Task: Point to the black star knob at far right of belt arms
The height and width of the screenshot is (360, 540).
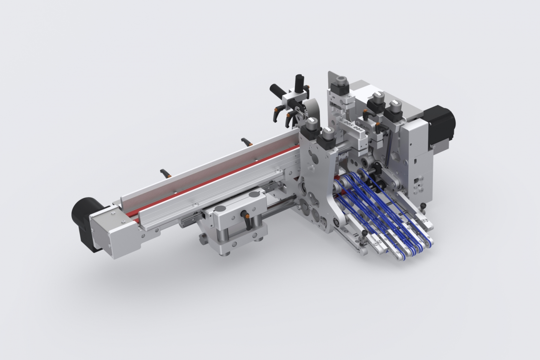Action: (423, 205)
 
